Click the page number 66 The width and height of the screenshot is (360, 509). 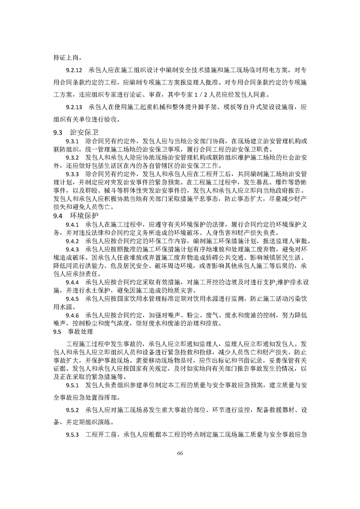180,453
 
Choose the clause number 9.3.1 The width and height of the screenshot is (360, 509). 73,142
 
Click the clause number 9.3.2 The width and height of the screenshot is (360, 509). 73,157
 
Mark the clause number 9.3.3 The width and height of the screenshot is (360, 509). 73,173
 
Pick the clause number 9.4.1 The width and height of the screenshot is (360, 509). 73,225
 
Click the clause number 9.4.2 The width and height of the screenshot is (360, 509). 73,240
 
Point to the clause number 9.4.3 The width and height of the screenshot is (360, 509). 73,249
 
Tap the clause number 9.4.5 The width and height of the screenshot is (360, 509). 73,299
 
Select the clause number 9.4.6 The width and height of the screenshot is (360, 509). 73,315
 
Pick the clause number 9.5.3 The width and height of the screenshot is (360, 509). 73,435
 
